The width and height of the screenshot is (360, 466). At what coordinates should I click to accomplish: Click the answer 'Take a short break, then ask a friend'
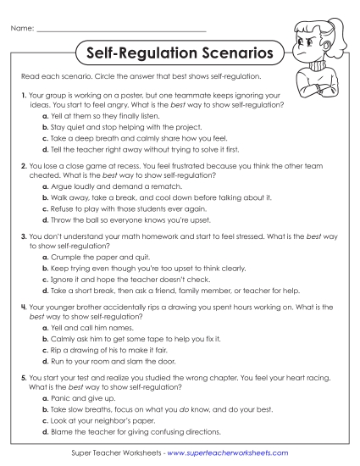coord(174,286)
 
